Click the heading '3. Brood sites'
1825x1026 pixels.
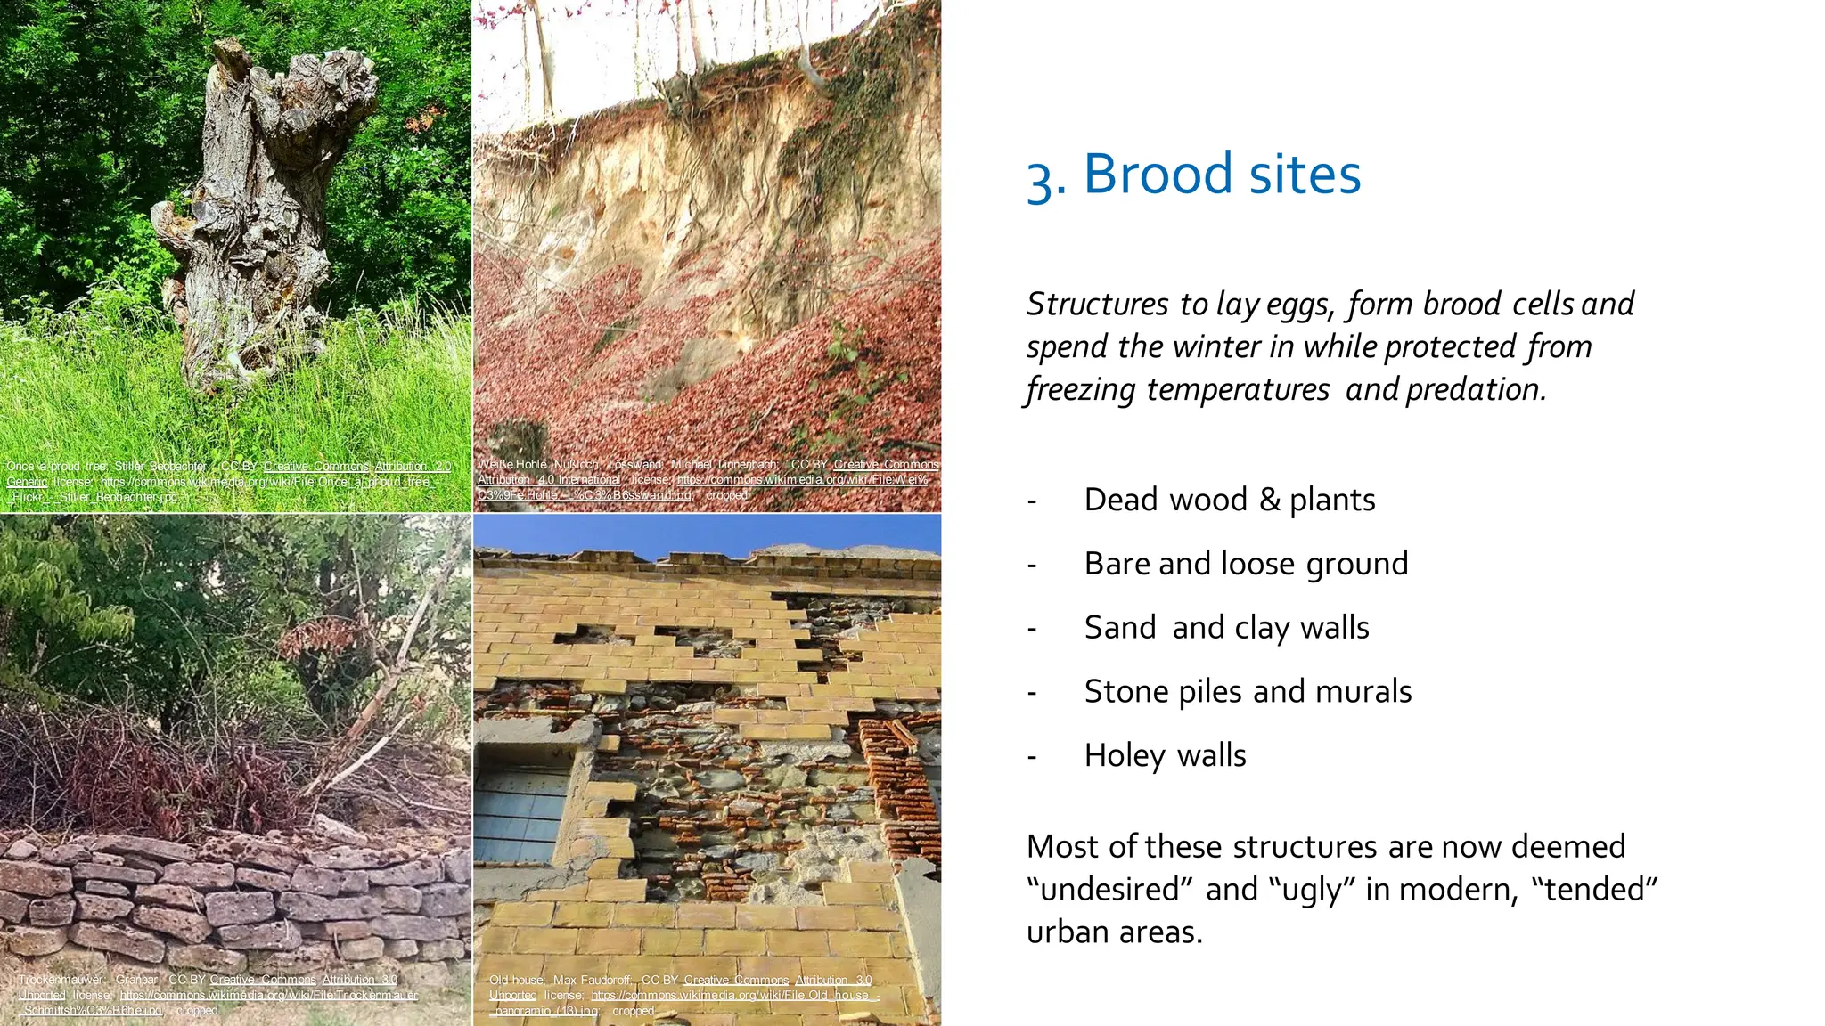pos(1194,174)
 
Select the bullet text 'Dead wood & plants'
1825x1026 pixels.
pos(1229,500)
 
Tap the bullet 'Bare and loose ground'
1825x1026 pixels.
pos(1246,564)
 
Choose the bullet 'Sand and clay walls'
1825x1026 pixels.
pos(1226,628)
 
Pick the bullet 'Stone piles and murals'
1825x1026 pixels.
pos(1248,692)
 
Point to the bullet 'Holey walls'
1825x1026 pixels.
pos(1165,756)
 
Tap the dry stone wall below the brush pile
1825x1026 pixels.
pos(232,900)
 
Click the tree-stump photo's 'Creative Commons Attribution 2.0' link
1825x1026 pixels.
pos(356,467)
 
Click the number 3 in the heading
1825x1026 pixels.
pos(1040,178)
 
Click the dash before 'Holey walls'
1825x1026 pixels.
pos(1032,758)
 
